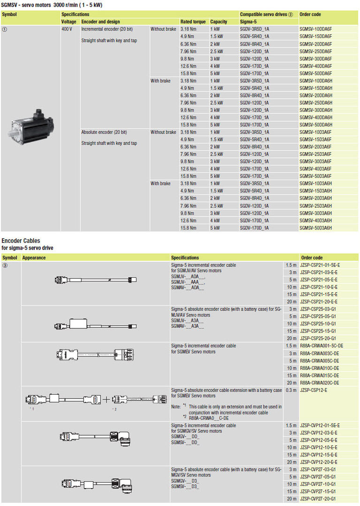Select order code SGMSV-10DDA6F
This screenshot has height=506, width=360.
[315, 29]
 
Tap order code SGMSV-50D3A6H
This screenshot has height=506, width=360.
[315, 228]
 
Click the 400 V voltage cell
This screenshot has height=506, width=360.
[67, 29]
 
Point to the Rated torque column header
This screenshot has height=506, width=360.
[193, 22]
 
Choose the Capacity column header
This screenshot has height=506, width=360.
[219, 22]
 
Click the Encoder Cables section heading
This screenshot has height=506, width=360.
[21, 241]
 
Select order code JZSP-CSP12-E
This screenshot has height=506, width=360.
[314, 390]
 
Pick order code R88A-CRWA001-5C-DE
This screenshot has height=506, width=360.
[321, 346]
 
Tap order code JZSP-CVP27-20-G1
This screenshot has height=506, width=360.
[318, 498]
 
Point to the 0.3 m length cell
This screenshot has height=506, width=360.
[291, 390]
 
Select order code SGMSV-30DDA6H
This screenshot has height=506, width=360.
[315, 110]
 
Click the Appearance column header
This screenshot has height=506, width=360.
[34, 257]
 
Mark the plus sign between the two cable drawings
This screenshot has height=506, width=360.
[107, 399]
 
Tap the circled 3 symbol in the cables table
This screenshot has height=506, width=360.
[5, 265]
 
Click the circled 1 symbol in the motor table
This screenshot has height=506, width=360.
[5, 29]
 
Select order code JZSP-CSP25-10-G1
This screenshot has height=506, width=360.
[318, 324]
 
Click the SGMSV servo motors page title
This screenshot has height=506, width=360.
[52, 5]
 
